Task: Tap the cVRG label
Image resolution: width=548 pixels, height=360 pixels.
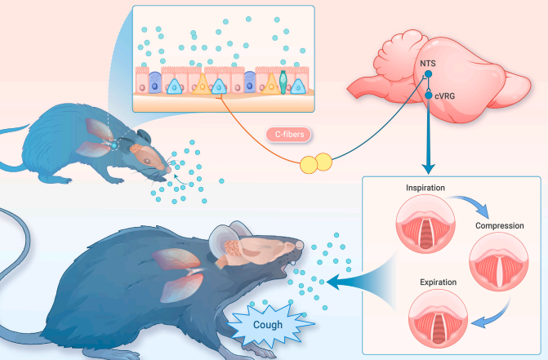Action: pos(447,96)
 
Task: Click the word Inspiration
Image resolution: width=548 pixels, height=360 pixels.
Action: pos(425,189)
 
